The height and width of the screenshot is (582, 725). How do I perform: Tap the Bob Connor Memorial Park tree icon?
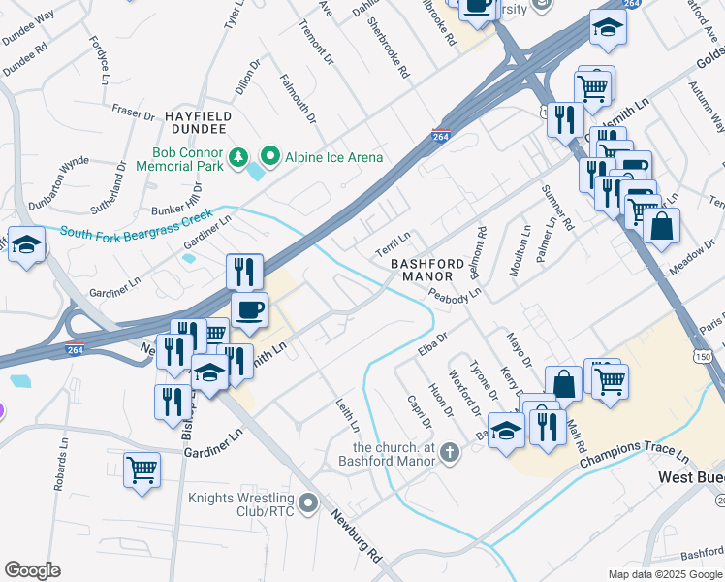coord(238,156)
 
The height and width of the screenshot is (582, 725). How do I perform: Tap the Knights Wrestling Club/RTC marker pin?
coord(308,501)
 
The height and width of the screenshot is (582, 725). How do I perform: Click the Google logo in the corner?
coord(32,570)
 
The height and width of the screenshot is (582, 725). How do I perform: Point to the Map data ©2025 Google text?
coord(665,574)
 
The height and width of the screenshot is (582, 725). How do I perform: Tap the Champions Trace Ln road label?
coord(634,454)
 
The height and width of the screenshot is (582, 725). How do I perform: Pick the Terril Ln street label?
coord(394,237)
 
